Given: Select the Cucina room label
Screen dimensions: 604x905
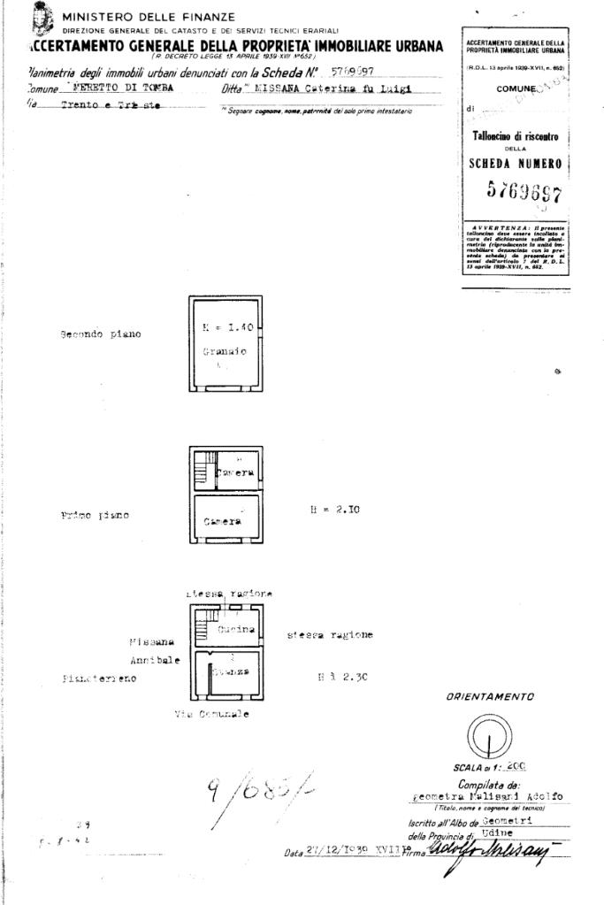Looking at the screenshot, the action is (236, 630).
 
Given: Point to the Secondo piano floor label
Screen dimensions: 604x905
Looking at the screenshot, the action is (100, 334).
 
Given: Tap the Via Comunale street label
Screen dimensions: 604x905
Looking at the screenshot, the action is (211, 714).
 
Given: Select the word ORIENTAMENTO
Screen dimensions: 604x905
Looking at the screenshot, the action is (490, 697).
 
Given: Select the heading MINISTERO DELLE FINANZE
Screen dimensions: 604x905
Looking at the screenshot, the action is (148, 16).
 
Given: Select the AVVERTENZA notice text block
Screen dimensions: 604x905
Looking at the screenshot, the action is (515, 249).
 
